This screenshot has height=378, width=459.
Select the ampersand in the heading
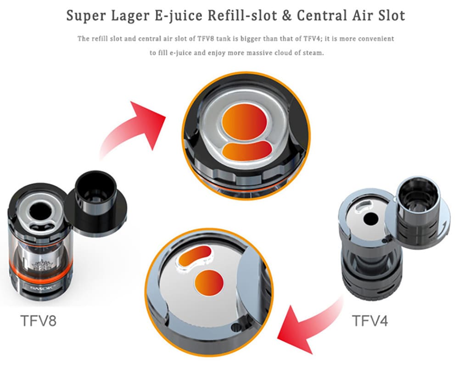285,16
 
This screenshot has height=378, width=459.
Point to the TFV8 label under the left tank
39,320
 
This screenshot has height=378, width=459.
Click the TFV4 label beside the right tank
370,320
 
